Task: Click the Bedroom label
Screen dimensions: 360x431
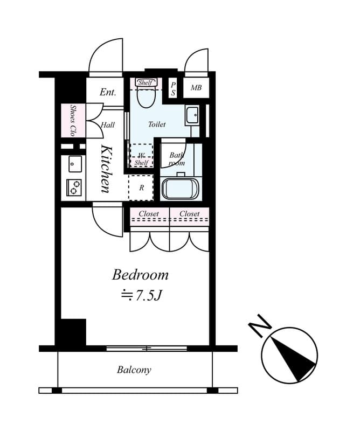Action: pyautogui.click(x=140, y=275)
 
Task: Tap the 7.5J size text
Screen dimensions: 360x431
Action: pyautogui.click(x=142, y=295)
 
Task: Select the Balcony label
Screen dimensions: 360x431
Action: pyautogui.click(x=134, y=370)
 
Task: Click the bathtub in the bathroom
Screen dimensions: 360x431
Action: pyautogui.click(x=180, y=189)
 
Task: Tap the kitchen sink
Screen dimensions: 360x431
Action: pyautogui.click(x=75, y=164)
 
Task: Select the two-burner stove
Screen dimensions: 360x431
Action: pyautogui.click(x=74, y=187)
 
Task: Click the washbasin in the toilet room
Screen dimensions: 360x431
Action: pyautogui.click(x=192, y=115)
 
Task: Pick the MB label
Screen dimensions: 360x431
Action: pyautogui.click(x=196, y=88)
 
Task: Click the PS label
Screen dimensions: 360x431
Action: pyautogui.click(x=173, y=89)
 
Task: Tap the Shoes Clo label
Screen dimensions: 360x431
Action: pyautogui.click(x=73, y=120)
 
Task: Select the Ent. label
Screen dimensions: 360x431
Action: pyautogui.click(x=108, y=92)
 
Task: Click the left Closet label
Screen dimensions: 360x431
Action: pyautogui.click(x=149, y=213)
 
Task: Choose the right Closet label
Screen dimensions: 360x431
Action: pyautogui.click(x=190, y=213)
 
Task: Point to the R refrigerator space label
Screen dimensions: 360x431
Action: pyautogui.click(x=142, y=187)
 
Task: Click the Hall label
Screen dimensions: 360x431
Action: pyautogui.click(x=108, y=125)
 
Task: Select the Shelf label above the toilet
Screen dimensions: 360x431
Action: pyautogui.click(x=146, y=82)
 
